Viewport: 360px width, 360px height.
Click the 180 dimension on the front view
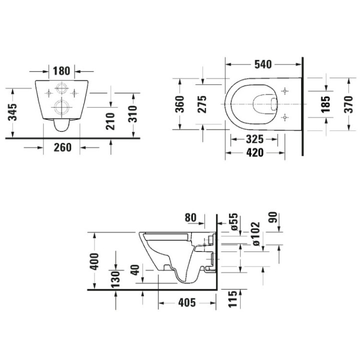point(62,69)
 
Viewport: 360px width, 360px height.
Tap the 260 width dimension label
point(62,147)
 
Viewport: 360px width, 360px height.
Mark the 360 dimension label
point(180,103)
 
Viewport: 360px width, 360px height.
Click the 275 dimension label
point(202,103)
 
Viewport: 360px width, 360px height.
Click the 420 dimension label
point(254,153)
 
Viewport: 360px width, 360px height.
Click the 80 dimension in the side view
point(190,217)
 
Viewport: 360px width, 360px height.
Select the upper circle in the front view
point(62,88)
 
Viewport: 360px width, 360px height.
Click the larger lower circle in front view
point(62,106)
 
